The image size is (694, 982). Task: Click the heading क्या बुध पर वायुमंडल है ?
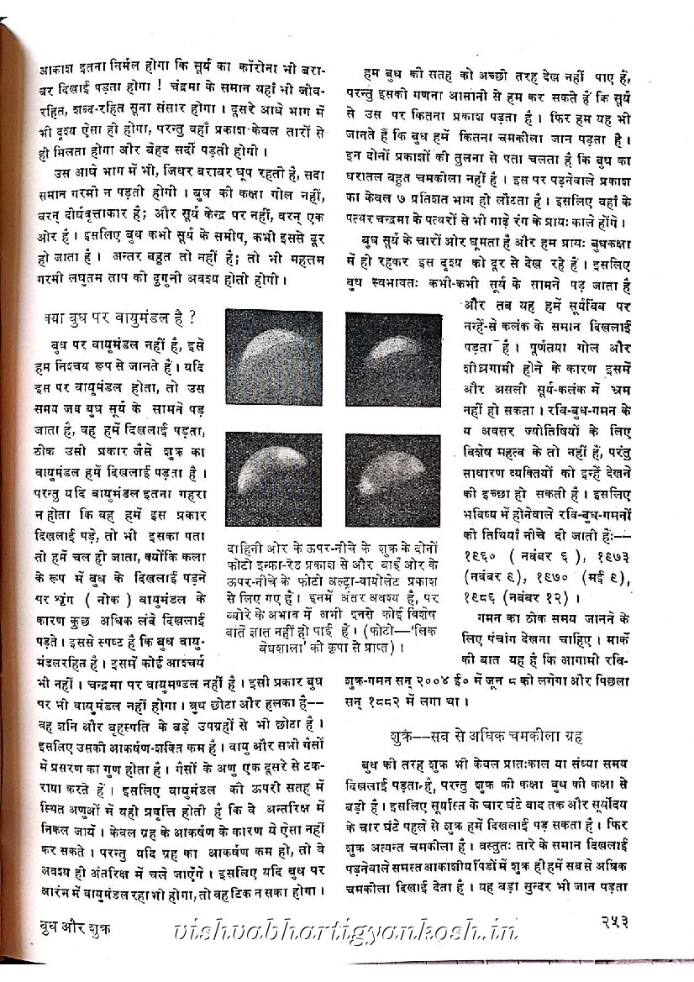(x=119, y=318)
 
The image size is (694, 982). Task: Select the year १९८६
(x=485, y=597)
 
